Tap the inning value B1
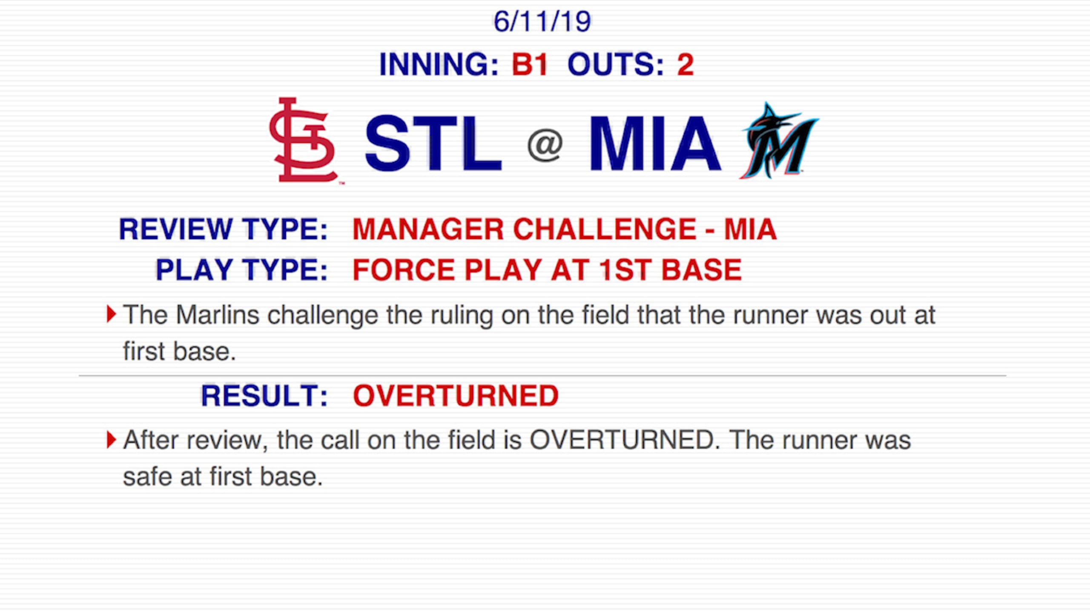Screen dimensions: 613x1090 point(529,65)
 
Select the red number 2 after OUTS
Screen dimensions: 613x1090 point(685,65)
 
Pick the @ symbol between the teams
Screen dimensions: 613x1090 point(545,145)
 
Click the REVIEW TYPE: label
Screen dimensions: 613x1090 point(223,229)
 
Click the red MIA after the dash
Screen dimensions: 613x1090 point(750,229)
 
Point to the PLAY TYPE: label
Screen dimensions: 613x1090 point(241,270)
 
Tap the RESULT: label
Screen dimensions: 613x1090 point(264,396)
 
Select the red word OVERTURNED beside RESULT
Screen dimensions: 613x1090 point(456,396)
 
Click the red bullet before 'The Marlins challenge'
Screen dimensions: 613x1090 point(111,314)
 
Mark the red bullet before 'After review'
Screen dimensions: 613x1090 point(111,440)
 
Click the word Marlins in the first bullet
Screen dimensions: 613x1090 point(217,315)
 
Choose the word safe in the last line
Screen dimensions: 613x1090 point(147,477)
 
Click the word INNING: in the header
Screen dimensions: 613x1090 point(439,65)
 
